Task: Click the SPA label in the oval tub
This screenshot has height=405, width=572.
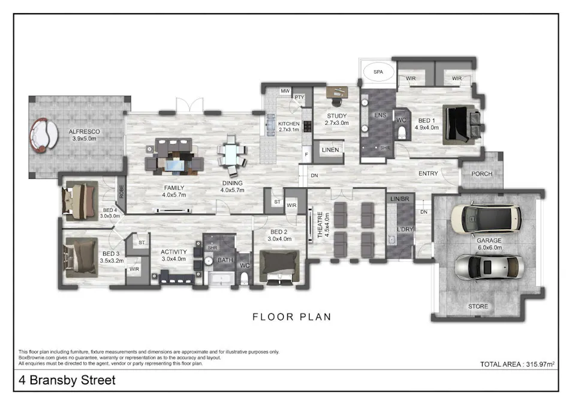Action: (378, 71)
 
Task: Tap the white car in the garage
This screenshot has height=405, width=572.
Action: (485, 220)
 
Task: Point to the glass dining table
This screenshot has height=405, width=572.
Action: (231, 155)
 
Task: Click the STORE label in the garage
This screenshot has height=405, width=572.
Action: (478, 307)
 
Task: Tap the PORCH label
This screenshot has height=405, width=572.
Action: (481, 174)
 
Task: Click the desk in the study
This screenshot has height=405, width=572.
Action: (338, 92)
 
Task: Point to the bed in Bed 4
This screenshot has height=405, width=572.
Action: (79, 199)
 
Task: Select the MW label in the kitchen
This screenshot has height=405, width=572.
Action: (285, 91)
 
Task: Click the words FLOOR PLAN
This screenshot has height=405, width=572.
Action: (291, 317)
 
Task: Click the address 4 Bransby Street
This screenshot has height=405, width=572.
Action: (67, 380)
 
